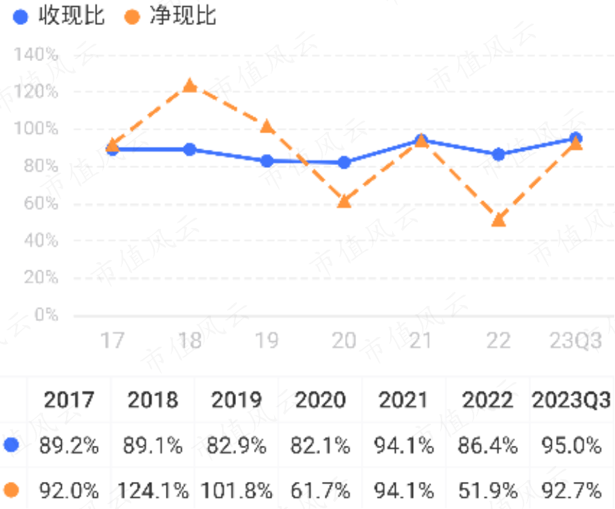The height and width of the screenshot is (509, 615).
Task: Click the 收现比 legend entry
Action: point(59,16)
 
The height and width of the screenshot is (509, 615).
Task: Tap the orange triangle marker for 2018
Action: point(189,85)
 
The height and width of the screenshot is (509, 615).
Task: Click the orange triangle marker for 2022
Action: point(498,219)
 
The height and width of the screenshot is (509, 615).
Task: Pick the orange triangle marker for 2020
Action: point(344,201)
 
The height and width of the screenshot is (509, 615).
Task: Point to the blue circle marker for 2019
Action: point(267,161)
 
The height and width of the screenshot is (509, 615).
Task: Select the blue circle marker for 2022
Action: point(498,155)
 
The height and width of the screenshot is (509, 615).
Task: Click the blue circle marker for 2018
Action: point(189,149)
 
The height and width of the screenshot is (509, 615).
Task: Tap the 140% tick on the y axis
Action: point(35,55)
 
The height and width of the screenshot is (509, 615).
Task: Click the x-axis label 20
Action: point(344,340)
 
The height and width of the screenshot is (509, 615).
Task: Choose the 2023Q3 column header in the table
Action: point(571,400)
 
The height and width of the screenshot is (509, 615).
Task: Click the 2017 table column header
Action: point(69,400)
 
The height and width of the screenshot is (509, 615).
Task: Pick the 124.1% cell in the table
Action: point(153,491)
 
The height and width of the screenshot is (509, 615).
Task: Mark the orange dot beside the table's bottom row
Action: point(11,491)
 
